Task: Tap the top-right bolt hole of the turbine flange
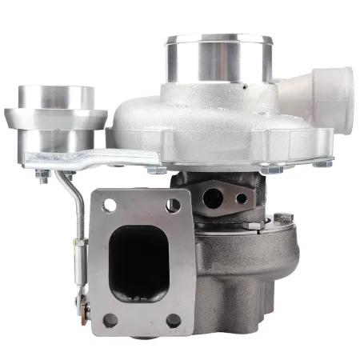pos(174,205)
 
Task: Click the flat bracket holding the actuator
pos(88,158)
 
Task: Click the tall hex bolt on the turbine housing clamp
pos(281,218)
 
